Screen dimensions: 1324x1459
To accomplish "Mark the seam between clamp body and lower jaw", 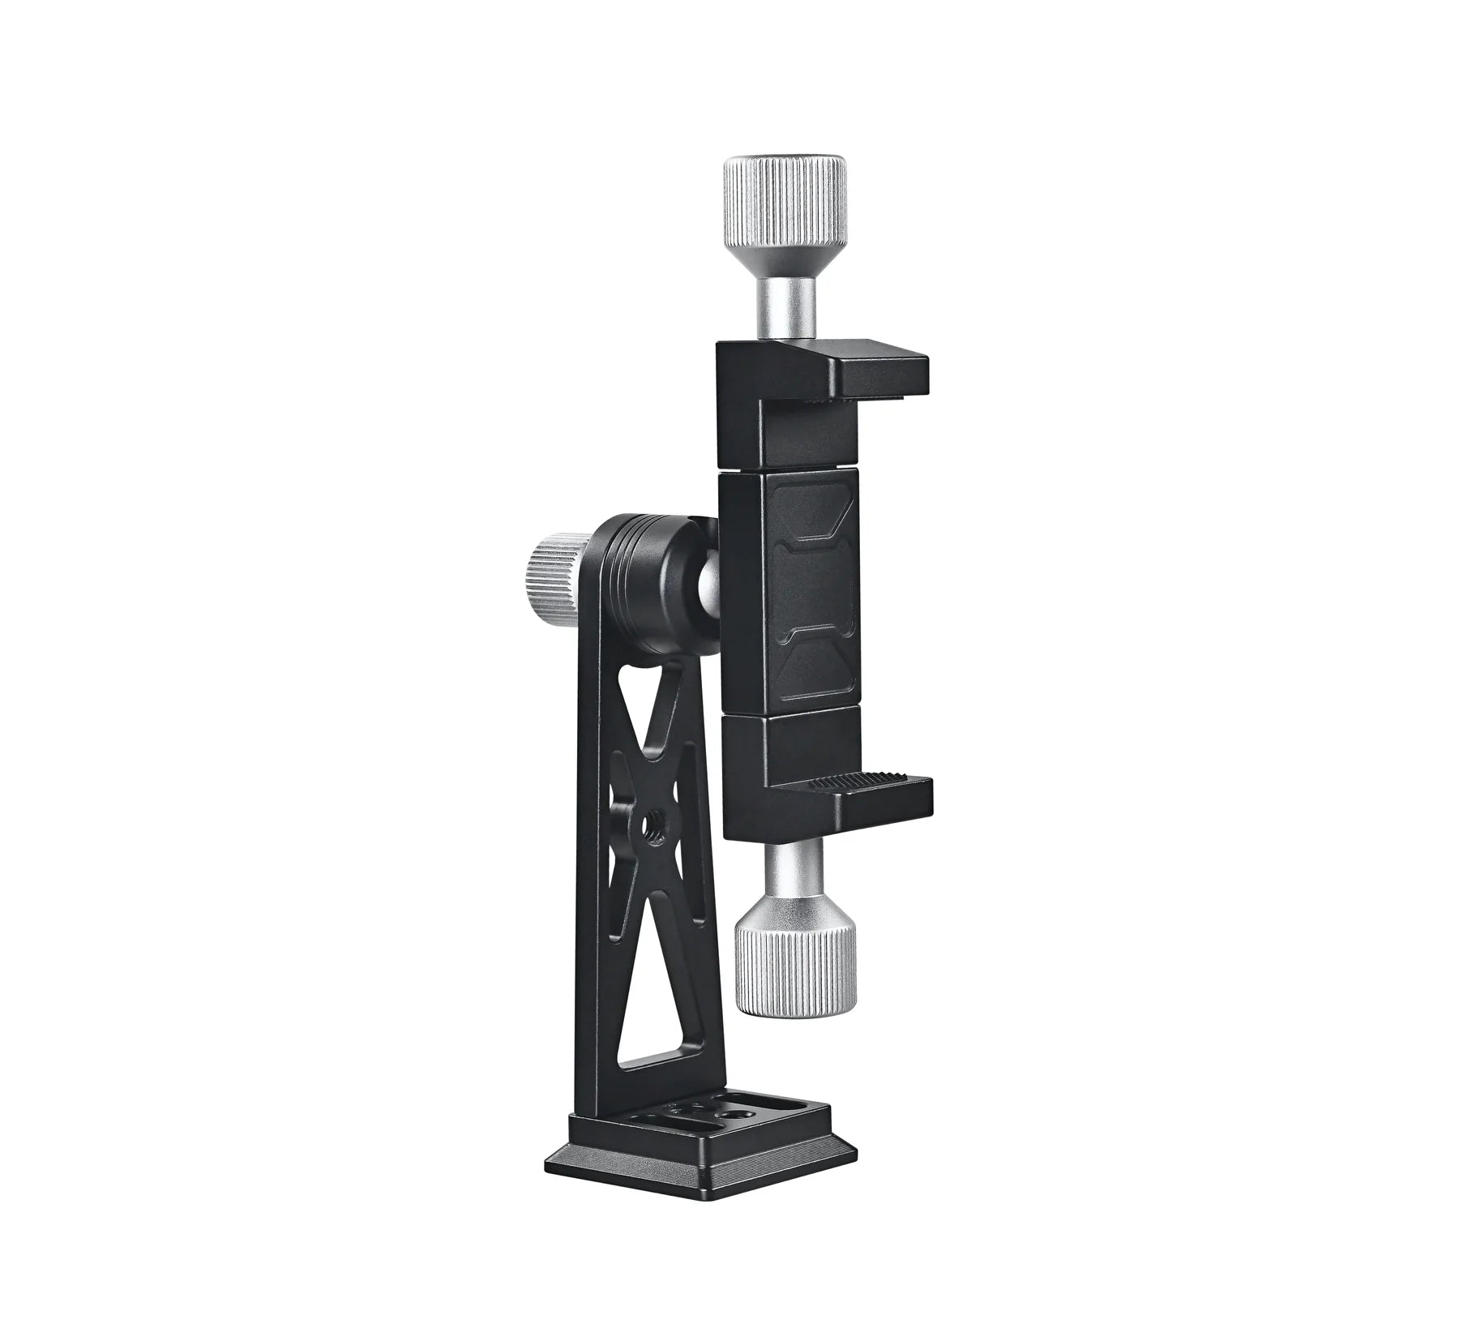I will point(790,709).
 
